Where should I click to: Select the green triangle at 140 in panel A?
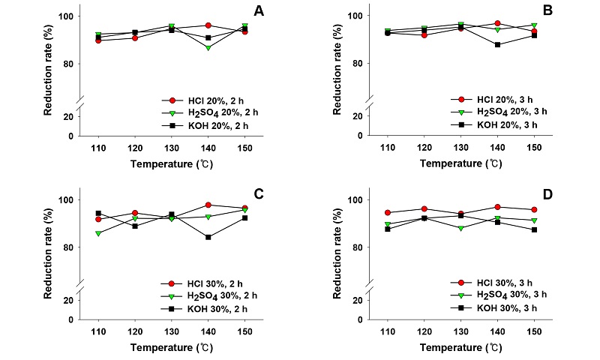[x=207, y=47]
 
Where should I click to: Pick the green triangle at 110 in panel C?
[x=98, y=233]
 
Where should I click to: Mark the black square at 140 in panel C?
[x=207, y=237]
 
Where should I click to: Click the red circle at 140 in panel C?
[x=207, y=205]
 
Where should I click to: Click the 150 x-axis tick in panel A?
[x=244, y=148]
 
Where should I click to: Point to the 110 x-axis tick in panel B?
[x=388, y=148]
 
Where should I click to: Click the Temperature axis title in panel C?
[x=171, y=346]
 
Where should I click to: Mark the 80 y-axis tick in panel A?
[x=72, y=64]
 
